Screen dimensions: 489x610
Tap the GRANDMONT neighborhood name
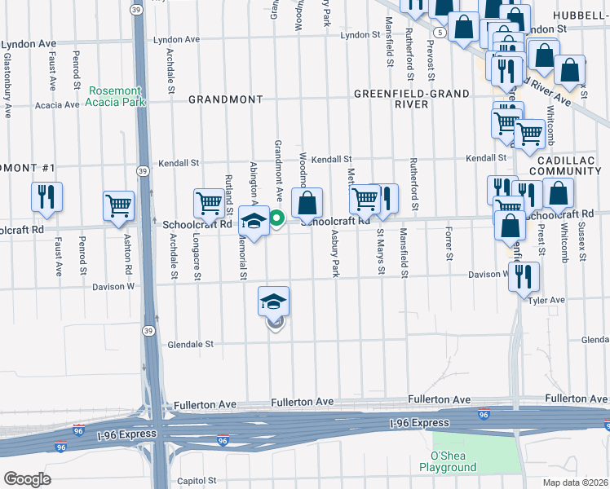(x=226, y=99)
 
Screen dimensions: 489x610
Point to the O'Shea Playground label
(x=448, y=462)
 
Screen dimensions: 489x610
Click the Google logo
(x=27, y=478)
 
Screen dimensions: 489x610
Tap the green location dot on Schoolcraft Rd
(x=276, y=217)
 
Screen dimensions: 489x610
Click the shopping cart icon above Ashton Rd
(x=118, y=205)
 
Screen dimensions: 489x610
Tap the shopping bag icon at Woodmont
(x=307, y=202)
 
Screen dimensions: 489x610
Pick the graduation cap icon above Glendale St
(x=274, y=302)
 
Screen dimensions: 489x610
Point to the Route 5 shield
(x=440, y=32)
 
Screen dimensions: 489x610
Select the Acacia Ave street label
(x=56, y=105)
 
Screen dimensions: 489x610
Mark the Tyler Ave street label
(x=546, y=301)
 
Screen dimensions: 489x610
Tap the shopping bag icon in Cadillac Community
(x=559, y=194)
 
